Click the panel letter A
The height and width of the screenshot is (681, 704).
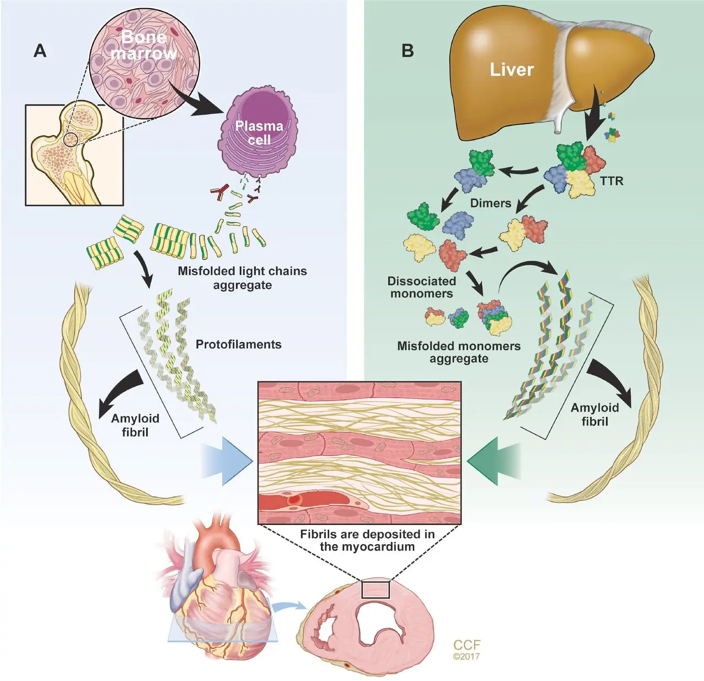[x=40, y=51]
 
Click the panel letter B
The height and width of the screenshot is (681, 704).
[x=408, y=51]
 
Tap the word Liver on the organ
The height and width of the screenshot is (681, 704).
[x=512, y=70]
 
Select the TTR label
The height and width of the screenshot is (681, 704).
[x=612, y=181]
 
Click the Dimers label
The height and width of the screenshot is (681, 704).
[x=491, y=203]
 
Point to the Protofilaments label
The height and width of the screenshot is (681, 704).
[x=238, y=344]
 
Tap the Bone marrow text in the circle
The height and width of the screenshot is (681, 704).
[x=144, y=45]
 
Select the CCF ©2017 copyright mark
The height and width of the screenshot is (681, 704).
[x=467, y=649]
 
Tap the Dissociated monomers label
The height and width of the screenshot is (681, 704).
[x=421, y=287]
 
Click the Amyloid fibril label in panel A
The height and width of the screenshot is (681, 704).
[x=135, y=425]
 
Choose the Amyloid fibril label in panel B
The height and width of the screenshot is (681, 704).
[x=595, y=414]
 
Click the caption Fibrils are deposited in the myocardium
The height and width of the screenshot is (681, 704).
[x=367, y=540]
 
